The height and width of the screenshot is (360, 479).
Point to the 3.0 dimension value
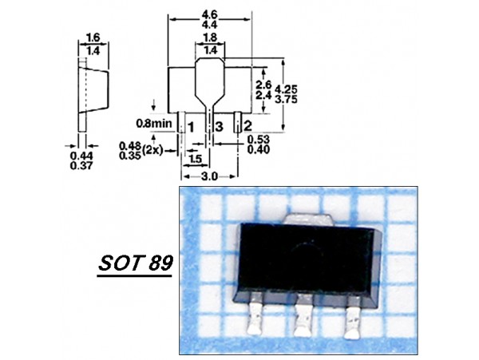pyautogui.click(x=209, y=174)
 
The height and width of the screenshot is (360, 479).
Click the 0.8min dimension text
pyautogui.click(x=154, y=125)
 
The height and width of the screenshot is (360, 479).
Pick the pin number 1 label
pyautogui.click(x=192, y=126)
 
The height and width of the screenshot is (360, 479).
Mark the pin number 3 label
pyautogui.click(x=219, y=126)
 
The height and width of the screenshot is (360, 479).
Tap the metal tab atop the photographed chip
pyautogui.click(x=308, y=216)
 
